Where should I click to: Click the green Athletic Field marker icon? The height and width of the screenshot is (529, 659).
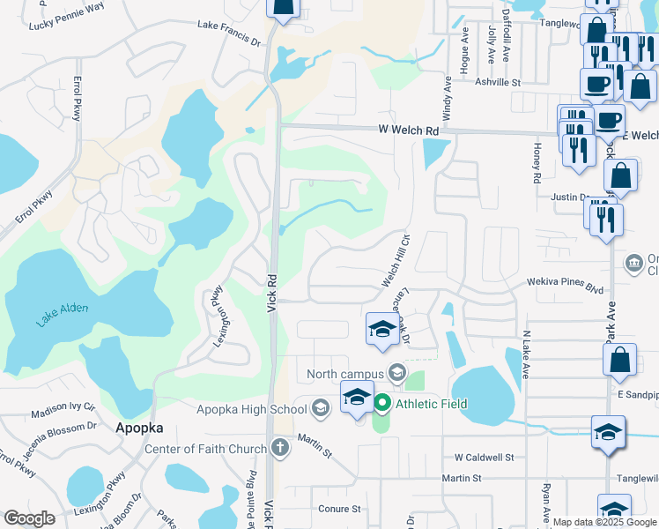pos(382,405)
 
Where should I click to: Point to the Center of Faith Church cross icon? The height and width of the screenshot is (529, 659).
pos(280,449)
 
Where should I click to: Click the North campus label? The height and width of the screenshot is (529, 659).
pos(345,374)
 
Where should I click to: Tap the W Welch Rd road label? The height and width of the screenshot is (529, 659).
pos(408,130)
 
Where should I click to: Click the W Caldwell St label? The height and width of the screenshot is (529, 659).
pos(484,458)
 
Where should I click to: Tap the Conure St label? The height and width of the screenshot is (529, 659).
pos(340,509)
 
